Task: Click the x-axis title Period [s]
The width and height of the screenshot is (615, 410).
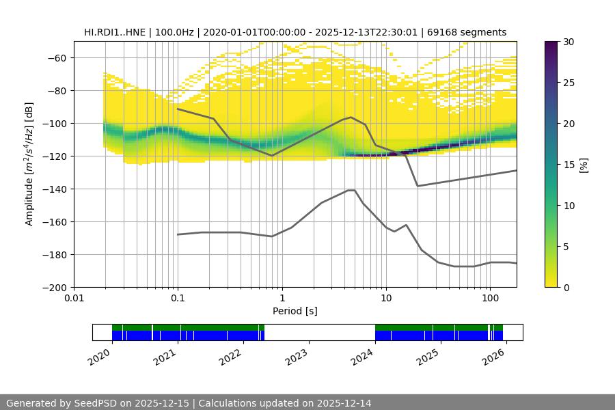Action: pyautogui.click(x=295, y=311)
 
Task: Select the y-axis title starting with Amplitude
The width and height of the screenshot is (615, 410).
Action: pyautogui.click(x=29, y=164)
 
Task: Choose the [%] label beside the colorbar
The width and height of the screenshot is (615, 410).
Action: pyautogui.click(x=584, y=165)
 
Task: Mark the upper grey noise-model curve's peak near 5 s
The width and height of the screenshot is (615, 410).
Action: pyautogui.click(x=351, y=117)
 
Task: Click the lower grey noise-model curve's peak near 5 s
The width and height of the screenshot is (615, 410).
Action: pyautogui.click(x=352, y=190)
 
